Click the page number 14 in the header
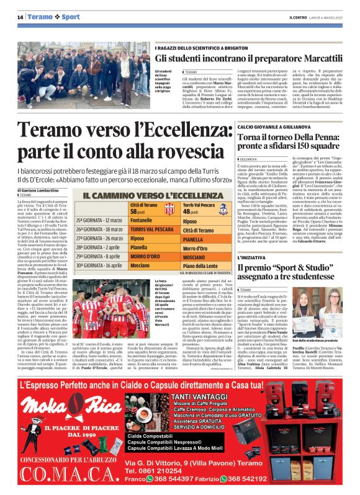(x=21, y=16)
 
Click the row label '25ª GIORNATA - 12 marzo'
(x=99, y=220)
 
